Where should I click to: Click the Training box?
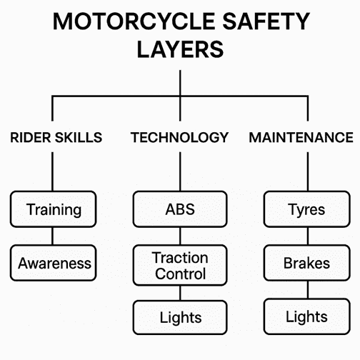(x=53, y=209)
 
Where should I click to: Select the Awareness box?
(x=53, y=263)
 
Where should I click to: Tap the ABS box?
(x=180, y=209)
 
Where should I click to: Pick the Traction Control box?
(x=180, y=265)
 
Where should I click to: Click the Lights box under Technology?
(x=180, y=317)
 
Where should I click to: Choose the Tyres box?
(x=307, y=209)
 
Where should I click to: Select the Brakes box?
(x=307, y=263)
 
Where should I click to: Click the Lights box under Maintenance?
(x=307, y=316)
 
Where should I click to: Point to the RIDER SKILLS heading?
(x=56, y=137)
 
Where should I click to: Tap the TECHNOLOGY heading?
(x=180, y=137)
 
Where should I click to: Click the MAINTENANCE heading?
(x=301, y=137)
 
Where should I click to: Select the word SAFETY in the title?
(x=266, y=21)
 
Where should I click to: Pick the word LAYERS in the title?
(x=180, y=49)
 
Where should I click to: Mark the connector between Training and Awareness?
(x=52, y=236)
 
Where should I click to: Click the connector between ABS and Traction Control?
(x=180, y=236)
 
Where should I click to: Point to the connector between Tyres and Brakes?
(x=308, y=236)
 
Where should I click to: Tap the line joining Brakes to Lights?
(x=308, y=290)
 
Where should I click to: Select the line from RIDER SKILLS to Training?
(x=52, y=171)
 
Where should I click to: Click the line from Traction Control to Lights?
(x=180, y=293)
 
